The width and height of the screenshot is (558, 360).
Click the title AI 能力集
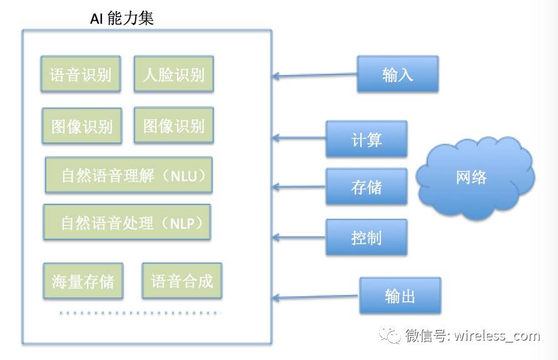click(122, 18)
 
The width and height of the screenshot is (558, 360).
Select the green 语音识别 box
click(81, 75)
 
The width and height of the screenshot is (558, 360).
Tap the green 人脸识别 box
click(173, 75)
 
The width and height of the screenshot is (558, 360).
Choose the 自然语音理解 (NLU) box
click(129, 175)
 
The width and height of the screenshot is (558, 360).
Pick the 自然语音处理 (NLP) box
click(127, 222)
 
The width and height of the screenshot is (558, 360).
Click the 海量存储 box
click(83, 281)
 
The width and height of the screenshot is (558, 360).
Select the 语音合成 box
click(182, 281)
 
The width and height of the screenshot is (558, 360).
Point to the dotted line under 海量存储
click(140, 313)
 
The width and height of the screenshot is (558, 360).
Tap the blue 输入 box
click(397, 74)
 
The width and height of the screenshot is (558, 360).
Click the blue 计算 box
click(366, 139)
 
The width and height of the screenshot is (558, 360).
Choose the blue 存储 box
click(366, 186)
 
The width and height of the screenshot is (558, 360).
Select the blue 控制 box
click(366, 237)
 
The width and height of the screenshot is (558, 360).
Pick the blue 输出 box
click(400, 296)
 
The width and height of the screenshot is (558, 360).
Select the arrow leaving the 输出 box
click(316, 296)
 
